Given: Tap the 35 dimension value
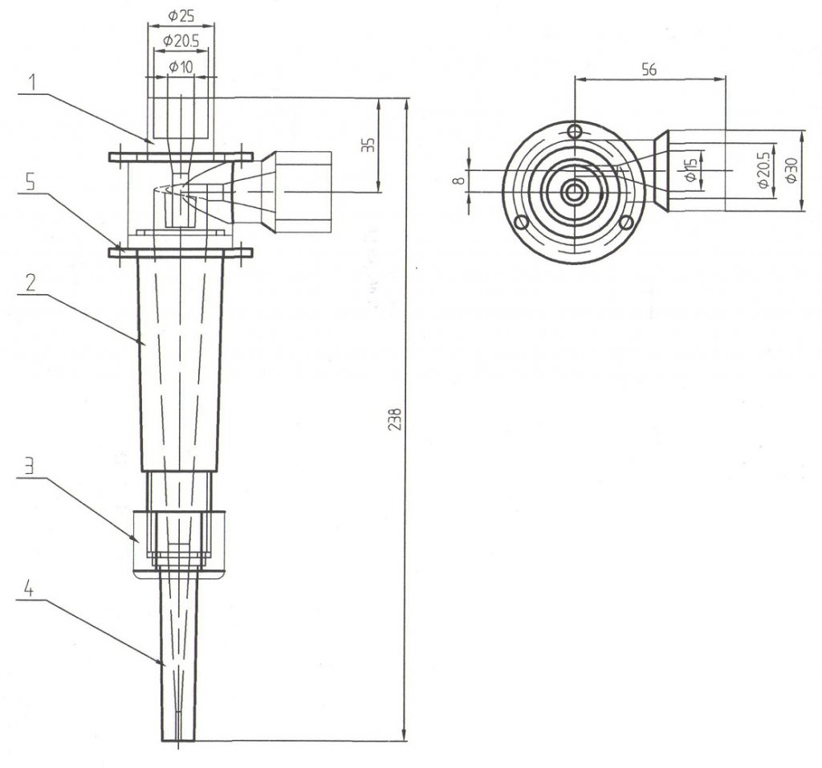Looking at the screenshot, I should [366, 146].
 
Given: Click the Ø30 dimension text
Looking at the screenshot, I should [792, 170].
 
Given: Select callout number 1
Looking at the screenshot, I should [30, 81].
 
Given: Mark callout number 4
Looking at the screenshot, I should [28, 589].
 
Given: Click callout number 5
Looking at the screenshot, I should [30, 182].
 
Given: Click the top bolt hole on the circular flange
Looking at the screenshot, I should [573, 131].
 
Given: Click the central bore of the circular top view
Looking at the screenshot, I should [573, 191].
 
